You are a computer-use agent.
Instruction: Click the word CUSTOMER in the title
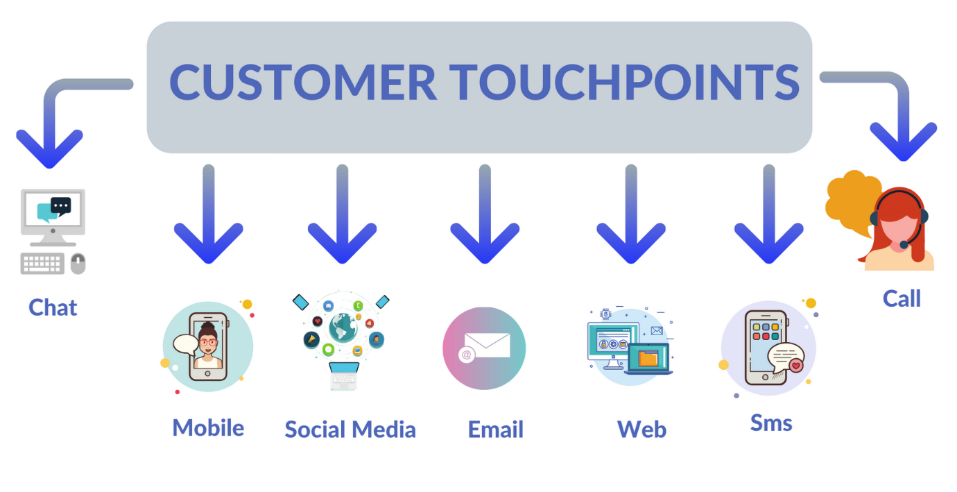pos(302,82)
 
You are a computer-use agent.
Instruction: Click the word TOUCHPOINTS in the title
pos(623,82)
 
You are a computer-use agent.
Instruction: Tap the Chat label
pos(53,307)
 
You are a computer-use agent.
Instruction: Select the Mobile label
pos(208,427)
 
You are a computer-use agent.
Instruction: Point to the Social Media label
pos(350,429)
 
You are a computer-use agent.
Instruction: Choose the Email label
pos(496,429)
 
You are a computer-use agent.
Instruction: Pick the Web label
pos(641,429)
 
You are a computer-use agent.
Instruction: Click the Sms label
pos(771,423)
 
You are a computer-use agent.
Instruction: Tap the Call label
pos(902,298)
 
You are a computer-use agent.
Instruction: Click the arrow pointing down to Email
pos(485,214)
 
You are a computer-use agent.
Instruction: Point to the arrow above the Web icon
pos(631,214)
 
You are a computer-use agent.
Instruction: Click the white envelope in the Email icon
pos(487,345)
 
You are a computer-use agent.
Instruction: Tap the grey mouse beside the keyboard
pos(78,263)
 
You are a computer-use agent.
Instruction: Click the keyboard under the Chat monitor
pos(42,263)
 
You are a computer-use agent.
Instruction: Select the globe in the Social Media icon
pos(343,328)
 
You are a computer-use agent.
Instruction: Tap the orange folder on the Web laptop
pos(648,358)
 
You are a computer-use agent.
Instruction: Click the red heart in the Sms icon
pos(795,366)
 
